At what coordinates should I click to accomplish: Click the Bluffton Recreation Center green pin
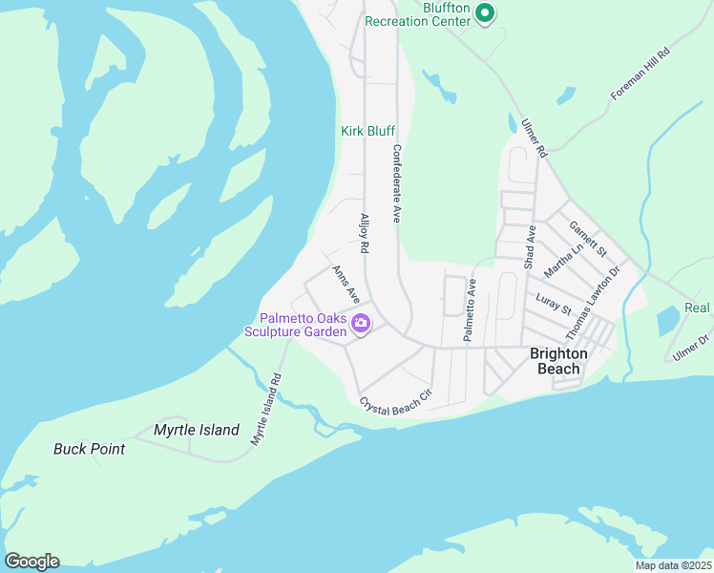click(x=484, y=12)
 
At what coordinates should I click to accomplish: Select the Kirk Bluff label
click(x=368, y=131)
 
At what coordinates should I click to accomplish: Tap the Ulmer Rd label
click(x=534, y=138)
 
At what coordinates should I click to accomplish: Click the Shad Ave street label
click(x=530, y=247)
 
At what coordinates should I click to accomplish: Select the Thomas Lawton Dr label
click(x=593, y=304)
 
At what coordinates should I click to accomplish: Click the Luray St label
click(x=554, y=304)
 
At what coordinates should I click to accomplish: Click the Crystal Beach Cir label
click(x=396, y=400)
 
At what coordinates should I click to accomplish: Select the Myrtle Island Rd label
click(x=267, y=408)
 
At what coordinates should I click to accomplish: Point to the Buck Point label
click(x=89, y=449)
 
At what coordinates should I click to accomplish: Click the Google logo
click(x=31, y=561)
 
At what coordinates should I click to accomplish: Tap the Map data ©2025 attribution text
click(x=672, y=564)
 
